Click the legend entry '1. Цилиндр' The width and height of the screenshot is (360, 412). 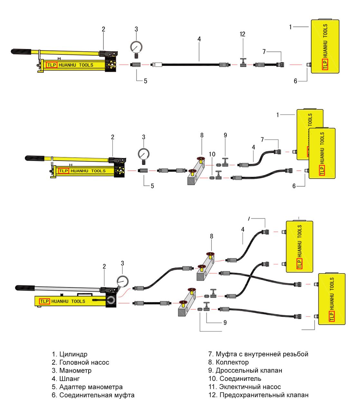click(69, 354)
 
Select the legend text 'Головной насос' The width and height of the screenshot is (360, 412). click(84, 362)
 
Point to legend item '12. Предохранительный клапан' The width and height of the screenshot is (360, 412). click(258, 395)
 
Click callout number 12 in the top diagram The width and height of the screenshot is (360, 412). click(243, 34)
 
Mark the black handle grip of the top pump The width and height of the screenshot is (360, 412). click(21, 51)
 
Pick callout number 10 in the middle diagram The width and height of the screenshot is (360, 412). click(212, 154)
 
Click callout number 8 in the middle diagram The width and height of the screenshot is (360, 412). click(202, 136)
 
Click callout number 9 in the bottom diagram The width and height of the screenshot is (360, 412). click(225, 322)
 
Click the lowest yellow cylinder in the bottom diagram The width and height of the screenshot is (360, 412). click(331, 299)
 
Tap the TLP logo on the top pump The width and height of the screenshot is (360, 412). click(52, 65)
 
